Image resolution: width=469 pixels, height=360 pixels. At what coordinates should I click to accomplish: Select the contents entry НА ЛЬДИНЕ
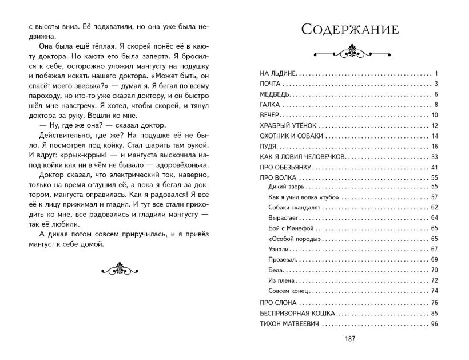pyautogui.click(x=276, y=74)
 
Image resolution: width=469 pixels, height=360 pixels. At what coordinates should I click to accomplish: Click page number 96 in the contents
pyautogui.click(x=434, y=324)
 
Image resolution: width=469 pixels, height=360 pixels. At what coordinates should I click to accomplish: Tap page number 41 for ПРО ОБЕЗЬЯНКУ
pyautogui.click(x=434, y=167)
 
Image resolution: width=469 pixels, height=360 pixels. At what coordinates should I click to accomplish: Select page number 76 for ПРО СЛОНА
pyautogui.click(x=434, y=303)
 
